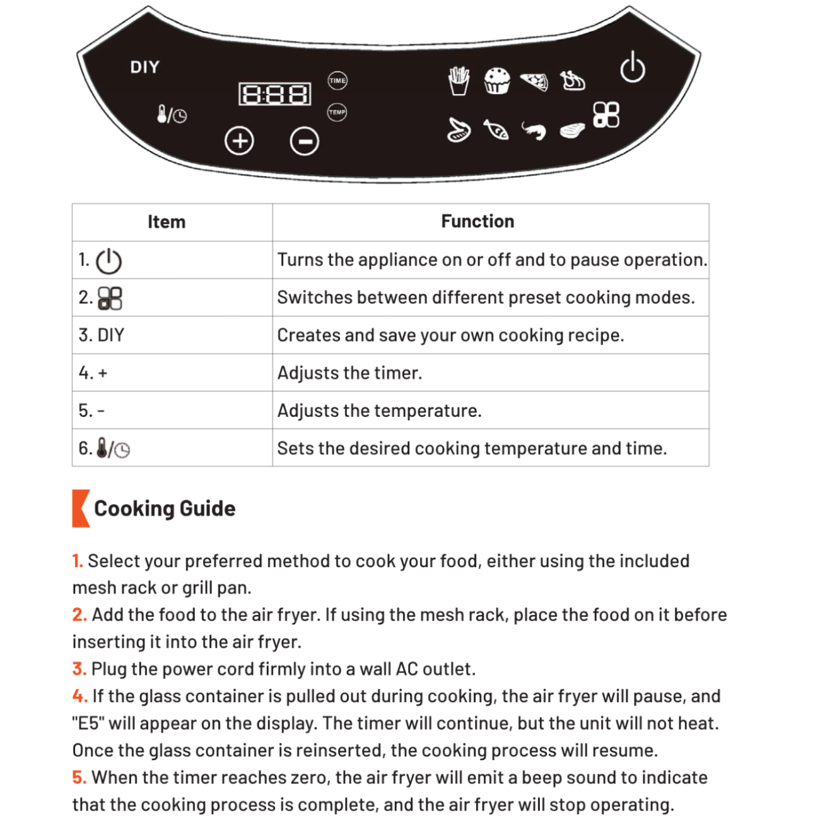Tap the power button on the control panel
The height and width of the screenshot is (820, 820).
pos(632,67)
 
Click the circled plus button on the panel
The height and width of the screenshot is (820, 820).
pos(240,141)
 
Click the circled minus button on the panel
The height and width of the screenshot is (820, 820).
pos(304,141)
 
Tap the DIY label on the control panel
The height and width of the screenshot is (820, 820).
pos(145,67)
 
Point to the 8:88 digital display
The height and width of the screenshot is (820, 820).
pos(275,95)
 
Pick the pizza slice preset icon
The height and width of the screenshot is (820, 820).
pos(535,81)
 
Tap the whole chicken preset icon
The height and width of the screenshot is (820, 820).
pos(573,81)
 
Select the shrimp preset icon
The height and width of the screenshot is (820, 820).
pos(534,131)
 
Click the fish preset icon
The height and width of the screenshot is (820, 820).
pos(496,130)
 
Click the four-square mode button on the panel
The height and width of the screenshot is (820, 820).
pos(606,115)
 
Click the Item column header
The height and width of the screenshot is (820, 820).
pos(167,222)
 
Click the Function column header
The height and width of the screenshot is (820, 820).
pos(477,221)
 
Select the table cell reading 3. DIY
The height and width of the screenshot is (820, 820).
pos(102,335)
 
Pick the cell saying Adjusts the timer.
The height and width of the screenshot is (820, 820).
pos(349,373)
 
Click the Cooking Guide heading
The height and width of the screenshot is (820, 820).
pos(165,508)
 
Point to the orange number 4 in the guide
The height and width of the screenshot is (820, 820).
pos(79,696)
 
